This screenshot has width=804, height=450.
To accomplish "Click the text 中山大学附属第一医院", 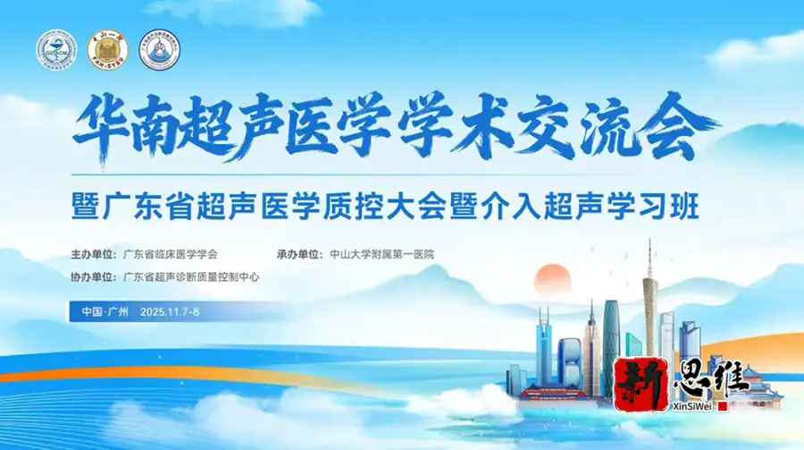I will tap(381, 254).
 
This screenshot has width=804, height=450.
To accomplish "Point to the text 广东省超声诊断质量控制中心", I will tap(191, 277).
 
